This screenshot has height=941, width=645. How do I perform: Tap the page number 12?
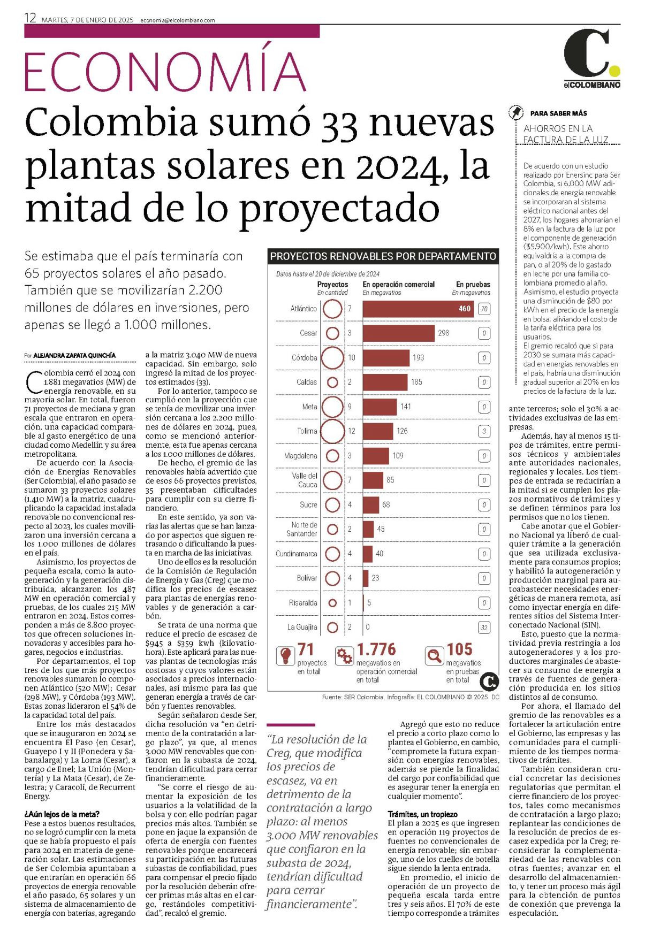pyautogui.click(x=30, y=18)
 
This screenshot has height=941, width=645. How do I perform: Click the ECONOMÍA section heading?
pyautogui.click(x=165, y=72)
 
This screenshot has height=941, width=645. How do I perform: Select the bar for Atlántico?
pyautogui.click(x=419, y=309)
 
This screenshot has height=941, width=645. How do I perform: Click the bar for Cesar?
pyautogui.click(x=399, y=333)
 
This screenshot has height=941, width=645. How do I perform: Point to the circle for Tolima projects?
pyautogui.click(x=332, y=431)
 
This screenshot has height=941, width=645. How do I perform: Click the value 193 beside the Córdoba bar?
pyautogui.click(x=418, y=357)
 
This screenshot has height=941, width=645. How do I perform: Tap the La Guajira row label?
pyautogui.click(x=302, y=627)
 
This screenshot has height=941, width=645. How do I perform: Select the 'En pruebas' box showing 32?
pyautogui.click(x=484, y=628)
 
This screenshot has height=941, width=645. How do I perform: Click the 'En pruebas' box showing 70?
pyautogui.click(x=484, y=309)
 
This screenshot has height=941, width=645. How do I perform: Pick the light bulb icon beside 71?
pyautogui.click(x=285, y=655)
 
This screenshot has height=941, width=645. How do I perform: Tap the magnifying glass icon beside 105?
pyautogui.click(x=435, y=655)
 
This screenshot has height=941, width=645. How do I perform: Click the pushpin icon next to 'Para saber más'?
pyautogui.click(x=515, y=113)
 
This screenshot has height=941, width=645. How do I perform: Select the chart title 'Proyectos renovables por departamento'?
pyautogui.click(x=383, y=256)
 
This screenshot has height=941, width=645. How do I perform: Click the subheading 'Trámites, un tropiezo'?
pyautogui.click(x=422, y=814)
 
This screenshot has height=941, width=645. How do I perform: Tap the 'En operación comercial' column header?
pyautogui.click(x=399, y=285)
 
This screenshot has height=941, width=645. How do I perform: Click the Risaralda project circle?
pyautogui.click(x=332, y=603)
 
